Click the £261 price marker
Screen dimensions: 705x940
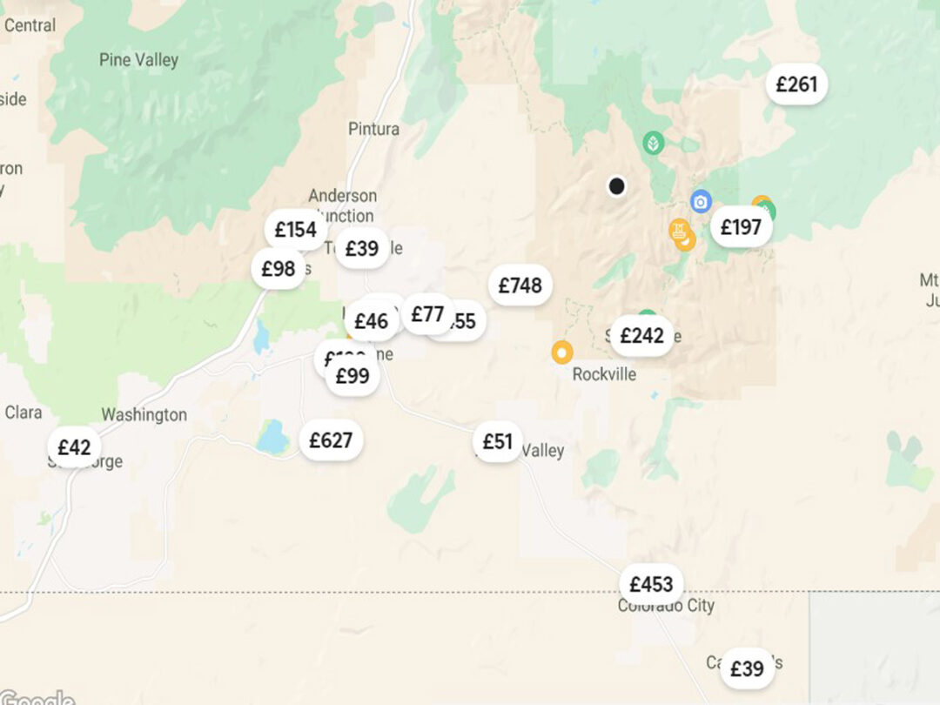tap(796, 84)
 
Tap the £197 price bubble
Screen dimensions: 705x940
tap(741, 228)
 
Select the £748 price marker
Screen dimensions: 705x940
tap(520, 285)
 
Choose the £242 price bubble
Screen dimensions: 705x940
tap(641, 336)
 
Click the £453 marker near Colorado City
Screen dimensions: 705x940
tap(651, 584)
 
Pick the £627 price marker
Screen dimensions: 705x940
tap(331, 440)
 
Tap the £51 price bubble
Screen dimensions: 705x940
tap(498, 442)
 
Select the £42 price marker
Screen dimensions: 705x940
tap(74, 447)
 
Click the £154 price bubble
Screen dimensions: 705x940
tap(295, 230)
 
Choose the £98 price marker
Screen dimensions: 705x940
tap(279, 269)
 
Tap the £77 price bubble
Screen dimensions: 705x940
tap(427, 314)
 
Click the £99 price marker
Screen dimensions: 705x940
tap(352, 376)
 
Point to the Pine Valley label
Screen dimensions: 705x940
tap(138, 60)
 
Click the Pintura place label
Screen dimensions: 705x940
tap(373, 129)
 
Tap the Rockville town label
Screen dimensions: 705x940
tap(604, 374)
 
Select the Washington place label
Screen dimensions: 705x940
tap(144, 414)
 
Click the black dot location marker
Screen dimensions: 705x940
tap(616, 185)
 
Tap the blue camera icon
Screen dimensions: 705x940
tap(701, 202)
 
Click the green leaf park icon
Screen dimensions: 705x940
tap(653, 143)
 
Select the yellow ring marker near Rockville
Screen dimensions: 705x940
tap(562, 352)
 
